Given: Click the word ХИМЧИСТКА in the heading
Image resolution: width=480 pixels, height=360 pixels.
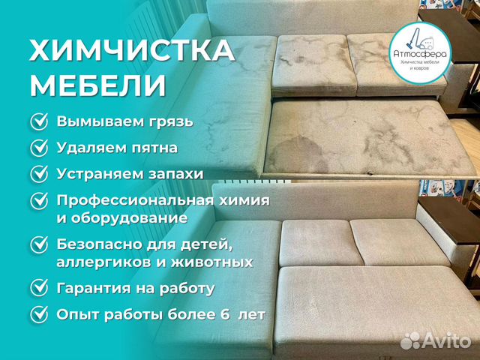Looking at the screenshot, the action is [x=132, y=51].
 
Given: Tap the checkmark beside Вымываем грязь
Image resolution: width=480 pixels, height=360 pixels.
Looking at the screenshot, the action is [x=39, y=121].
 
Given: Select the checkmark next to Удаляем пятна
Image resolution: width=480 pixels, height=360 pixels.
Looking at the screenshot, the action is [x=39, y=148].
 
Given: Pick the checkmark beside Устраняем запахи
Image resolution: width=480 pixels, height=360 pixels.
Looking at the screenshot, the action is [x=39, y=174].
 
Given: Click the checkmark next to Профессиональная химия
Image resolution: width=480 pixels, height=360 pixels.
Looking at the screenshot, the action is [x=39, y=201].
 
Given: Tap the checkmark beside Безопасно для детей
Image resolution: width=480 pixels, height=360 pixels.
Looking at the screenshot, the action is [x=39, y=245].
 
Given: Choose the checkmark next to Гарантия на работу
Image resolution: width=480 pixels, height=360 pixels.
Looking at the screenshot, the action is [x=39, y=288].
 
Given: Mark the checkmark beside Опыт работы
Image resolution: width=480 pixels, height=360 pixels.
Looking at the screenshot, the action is [x=39, y=314].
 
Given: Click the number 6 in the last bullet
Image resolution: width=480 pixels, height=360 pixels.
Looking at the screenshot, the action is [x=225, y=315].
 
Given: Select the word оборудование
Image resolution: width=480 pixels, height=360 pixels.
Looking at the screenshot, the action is [x=122, y=218].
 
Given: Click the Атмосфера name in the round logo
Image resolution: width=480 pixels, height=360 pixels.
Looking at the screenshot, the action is [x=420, y=54].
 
